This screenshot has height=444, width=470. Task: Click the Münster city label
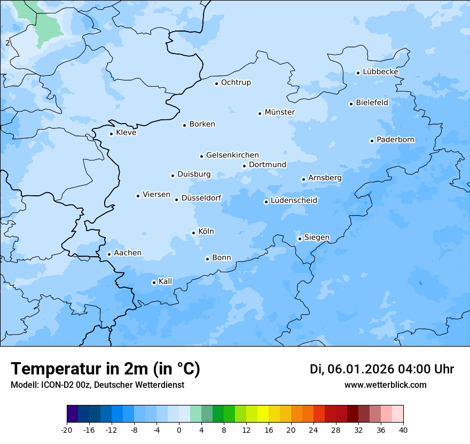pos(279,112)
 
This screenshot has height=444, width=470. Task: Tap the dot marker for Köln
pos(193,233)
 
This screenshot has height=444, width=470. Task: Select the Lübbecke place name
pos(380,72)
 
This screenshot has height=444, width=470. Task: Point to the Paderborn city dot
pos(372,141)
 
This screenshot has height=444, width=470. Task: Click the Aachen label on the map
pos(128,253)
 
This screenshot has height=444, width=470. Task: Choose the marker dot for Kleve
pos(111,134)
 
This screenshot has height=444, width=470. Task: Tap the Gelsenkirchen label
pos(232,155)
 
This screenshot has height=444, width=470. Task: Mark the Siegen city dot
pos(300,239)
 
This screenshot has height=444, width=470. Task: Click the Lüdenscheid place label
pos(294,201)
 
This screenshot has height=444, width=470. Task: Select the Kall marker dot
pos(154,282)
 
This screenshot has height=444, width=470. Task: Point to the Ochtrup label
pos(236,82)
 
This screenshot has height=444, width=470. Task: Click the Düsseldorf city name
pos(201,198)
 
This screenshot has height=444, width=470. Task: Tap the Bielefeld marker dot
pos(351,104)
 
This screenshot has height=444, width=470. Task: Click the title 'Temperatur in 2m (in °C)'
pos(105,369)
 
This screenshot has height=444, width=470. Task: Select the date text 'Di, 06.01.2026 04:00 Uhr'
pos(381,369)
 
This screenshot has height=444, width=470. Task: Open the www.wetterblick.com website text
pos(385,385)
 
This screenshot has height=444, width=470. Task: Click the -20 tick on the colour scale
pos(67,430)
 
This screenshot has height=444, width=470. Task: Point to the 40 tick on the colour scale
pos(403,430)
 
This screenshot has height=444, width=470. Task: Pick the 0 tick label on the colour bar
pos(179,430)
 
